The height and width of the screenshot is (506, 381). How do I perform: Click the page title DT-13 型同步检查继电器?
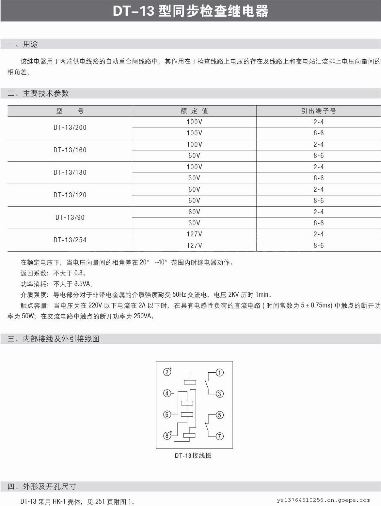coord(191,11)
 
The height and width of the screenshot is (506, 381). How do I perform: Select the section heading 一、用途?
coord(23,44)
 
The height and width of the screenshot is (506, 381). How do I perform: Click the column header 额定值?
coord(194,111)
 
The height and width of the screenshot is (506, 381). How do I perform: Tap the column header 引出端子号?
coord(318,111)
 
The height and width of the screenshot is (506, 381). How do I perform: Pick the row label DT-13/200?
coord(70,127)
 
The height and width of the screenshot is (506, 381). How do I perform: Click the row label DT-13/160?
coord(70,150)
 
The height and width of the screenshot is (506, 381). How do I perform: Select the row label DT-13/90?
coord(70,217)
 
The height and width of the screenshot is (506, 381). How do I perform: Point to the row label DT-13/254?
coord(70,240)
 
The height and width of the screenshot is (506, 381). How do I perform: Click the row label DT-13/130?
coord(70,172)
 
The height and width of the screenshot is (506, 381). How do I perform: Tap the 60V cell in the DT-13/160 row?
coord(194,156)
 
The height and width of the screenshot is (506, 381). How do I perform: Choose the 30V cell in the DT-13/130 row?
coord(194,178)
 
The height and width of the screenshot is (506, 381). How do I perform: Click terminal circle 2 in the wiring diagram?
coord(167,372)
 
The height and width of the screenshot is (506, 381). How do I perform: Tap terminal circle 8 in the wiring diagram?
coord(167,435)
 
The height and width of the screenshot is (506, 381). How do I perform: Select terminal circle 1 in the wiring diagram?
coord(220,372)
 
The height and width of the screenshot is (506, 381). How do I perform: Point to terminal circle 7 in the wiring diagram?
coord(220,436)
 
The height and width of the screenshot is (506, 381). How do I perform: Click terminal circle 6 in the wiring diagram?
coord(167,414)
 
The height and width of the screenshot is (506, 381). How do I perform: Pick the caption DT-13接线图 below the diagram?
coord(193,455)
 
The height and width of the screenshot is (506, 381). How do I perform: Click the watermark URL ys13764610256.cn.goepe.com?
coord(324,500)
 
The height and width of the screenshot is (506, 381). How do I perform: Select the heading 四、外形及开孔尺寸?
coord(42,486)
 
